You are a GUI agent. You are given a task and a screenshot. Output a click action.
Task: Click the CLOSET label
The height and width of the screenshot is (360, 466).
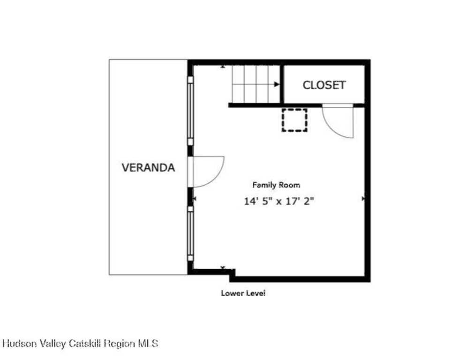[x=324, y=85]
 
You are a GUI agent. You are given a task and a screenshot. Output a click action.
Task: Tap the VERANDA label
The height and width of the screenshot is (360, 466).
[x=148, y=168]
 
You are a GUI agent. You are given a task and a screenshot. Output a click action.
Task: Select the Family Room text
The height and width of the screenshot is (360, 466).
[x=276, y=185]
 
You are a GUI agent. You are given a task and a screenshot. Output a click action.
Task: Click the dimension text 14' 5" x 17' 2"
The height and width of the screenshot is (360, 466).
[x=279, y=201]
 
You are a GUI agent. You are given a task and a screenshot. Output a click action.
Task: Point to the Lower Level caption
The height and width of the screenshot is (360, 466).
[x=243, y=293]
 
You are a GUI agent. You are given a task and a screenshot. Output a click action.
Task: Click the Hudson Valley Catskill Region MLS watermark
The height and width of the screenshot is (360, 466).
[x=80, y=344]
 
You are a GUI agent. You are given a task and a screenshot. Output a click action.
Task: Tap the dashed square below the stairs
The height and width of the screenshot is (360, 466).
[x=294, y=120]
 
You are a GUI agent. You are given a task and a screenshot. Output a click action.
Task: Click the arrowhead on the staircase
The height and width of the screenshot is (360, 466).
[x=277, y=84]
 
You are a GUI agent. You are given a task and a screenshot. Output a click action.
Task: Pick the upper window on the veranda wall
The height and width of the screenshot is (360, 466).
[x=190, y=111]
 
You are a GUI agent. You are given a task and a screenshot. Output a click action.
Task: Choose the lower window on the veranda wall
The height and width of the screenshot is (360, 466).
[x=190, y=233]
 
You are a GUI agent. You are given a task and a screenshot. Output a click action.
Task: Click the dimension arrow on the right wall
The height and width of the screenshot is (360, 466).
[x=363, y=198]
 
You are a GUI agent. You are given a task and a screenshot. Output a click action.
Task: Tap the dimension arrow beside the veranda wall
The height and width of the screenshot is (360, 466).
[x=195, y=198]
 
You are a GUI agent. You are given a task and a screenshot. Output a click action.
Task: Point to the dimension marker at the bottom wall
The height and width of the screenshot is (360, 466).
[x=223, y=268]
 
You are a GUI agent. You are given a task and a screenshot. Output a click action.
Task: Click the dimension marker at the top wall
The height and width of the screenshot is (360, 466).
[x=223, y=67]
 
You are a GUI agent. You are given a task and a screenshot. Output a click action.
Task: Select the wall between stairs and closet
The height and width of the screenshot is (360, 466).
[x=282, y=84]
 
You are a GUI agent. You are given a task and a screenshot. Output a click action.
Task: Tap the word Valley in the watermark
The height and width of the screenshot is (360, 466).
[x=53, y=344]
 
